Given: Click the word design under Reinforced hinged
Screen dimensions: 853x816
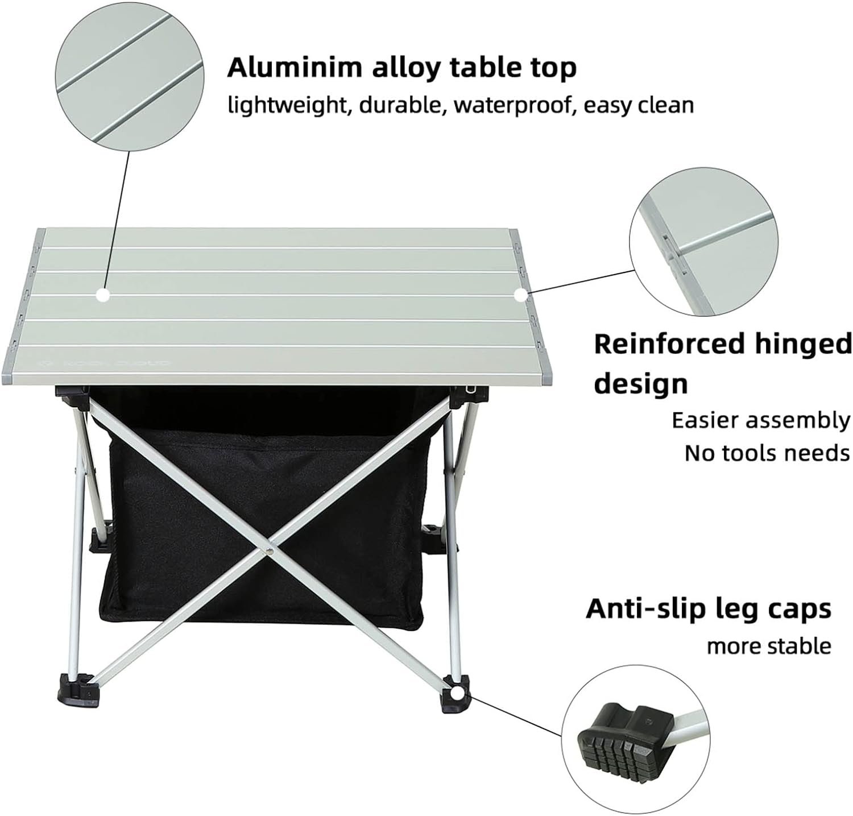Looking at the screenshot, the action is [641, 384].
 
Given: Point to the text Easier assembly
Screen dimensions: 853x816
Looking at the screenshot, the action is [761, 421].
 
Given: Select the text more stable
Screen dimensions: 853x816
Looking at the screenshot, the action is [769, 646].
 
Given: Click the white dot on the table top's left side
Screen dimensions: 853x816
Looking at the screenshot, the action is [102, 295].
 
